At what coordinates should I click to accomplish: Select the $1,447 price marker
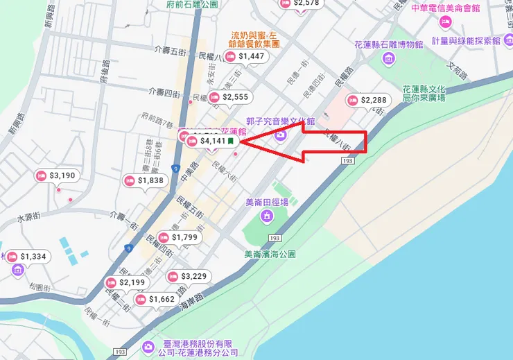click(x=245, y=55)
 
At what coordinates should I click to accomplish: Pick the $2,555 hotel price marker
click(x=229, y=97)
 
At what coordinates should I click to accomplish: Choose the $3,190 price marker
click(x=56, y=175)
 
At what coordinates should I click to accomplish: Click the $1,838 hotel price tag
click(x=145, y=181)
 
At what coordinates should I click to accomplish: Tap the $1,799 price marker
click(x=179, y=238)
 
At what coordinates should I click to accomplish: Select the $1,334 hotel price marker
click(x=27, y=257)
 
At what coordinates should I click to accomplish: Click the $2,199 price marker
click(x=126, y=282)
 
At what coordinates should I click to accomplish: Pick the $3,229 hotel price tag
click(x=188, y=276)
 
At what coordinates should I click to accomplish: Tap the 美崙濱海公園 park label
click(x=270, y=255)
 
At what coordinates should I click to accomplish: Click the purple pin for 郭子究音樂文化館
click(x=281, y=134)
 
